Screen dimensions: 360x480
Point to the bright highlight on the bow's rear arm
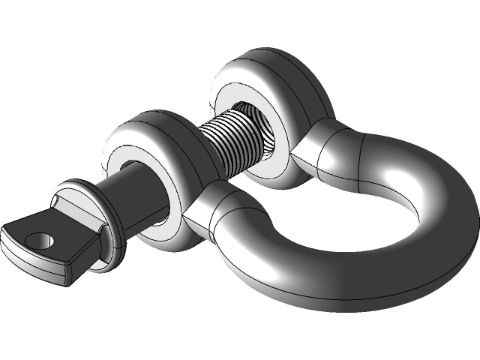coord(397,172)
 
